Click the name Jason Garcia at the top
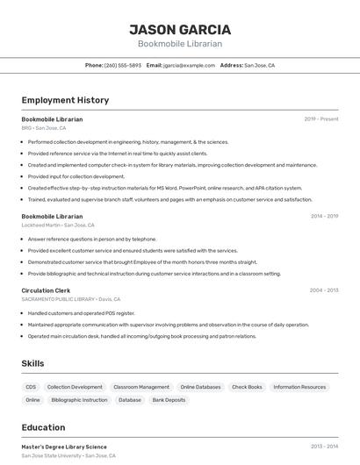[180, 30]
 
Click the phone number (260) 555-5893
[123, 65]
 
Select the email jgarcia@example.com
[189, 65]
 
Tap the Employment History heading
[65, 100]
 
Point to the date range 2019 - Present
[321, 119]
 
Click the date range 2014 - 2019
[324, 216]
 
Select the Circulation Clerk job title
[46, 290]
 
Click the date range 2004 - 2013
[324, 290]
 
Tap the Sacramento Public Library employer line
[70, 299]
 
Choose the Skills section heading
[33, 363]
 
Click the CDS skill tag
[31, 387]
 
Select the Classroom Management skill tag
[141, 387]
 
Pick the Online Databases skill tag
[200, 387]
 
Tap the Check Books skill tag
[247, 387]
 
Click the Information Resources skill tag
[299, 387]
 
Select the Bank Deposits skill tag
[169, 400]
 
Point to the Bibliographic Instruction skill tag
[79, 400]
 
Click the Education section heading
[43, 428]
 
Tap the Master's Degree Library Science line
[64, 447]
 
